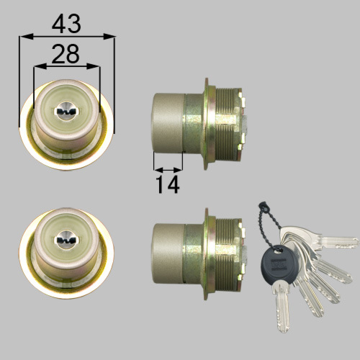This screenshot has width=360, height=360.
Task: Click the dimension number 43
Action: tap(66, 24)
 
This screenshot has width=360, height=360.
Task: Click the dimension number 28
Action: tap(66, 54)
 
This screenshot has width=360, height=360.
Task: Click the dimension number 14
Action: tap(168, 184)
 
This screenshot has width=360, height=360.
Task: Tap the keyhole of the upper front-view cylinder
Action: tap(66, 111)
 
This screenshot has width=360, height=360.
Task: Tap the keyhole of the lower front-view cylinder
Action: tap(66, 240)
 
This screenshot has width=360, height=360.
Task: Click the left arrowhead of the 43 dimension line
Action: tap(26, 37)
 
